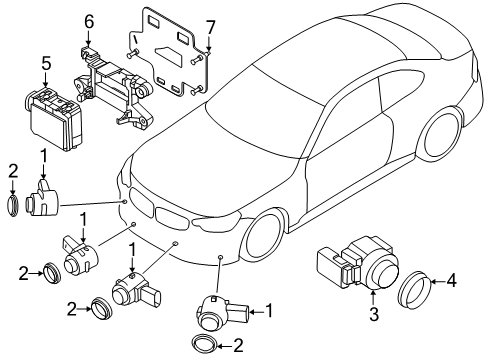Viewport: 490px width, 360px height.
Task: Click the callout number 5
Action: tap(46, 64)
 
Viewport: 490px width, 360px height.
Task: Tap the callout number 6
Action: tap(89, 22)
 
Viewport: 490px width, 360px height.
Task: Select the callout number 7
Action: tap(210, 28)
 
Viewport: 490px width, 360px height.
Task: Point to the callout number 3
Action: tap(374, 314)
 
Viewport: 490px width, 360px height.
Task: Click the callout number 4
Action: tap(451, 281)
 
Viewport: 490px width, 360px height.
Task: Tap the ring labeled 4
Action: tap(414, 290)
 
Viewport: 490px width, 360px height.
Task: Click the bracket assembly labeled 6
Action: tap(113, 89)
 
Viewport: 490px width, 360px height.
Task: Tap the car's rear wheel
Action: tap(441, 134)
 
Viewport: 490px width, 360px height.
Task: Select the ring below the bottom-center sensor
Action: tap(204, 344)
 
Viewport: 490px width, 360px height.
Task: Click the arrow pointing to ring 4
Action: tap(437, 282)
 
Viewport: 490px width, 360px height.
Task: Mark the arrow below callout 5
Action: tap(46, 80)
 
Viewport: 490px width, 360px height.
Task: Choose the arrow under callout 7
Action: tap(209, 44)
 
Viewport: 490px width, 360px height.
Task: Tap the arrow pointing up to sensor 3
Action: tap(374, 297)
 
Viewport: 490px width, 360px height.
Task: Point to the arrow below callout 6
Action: tap(88, 38)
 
